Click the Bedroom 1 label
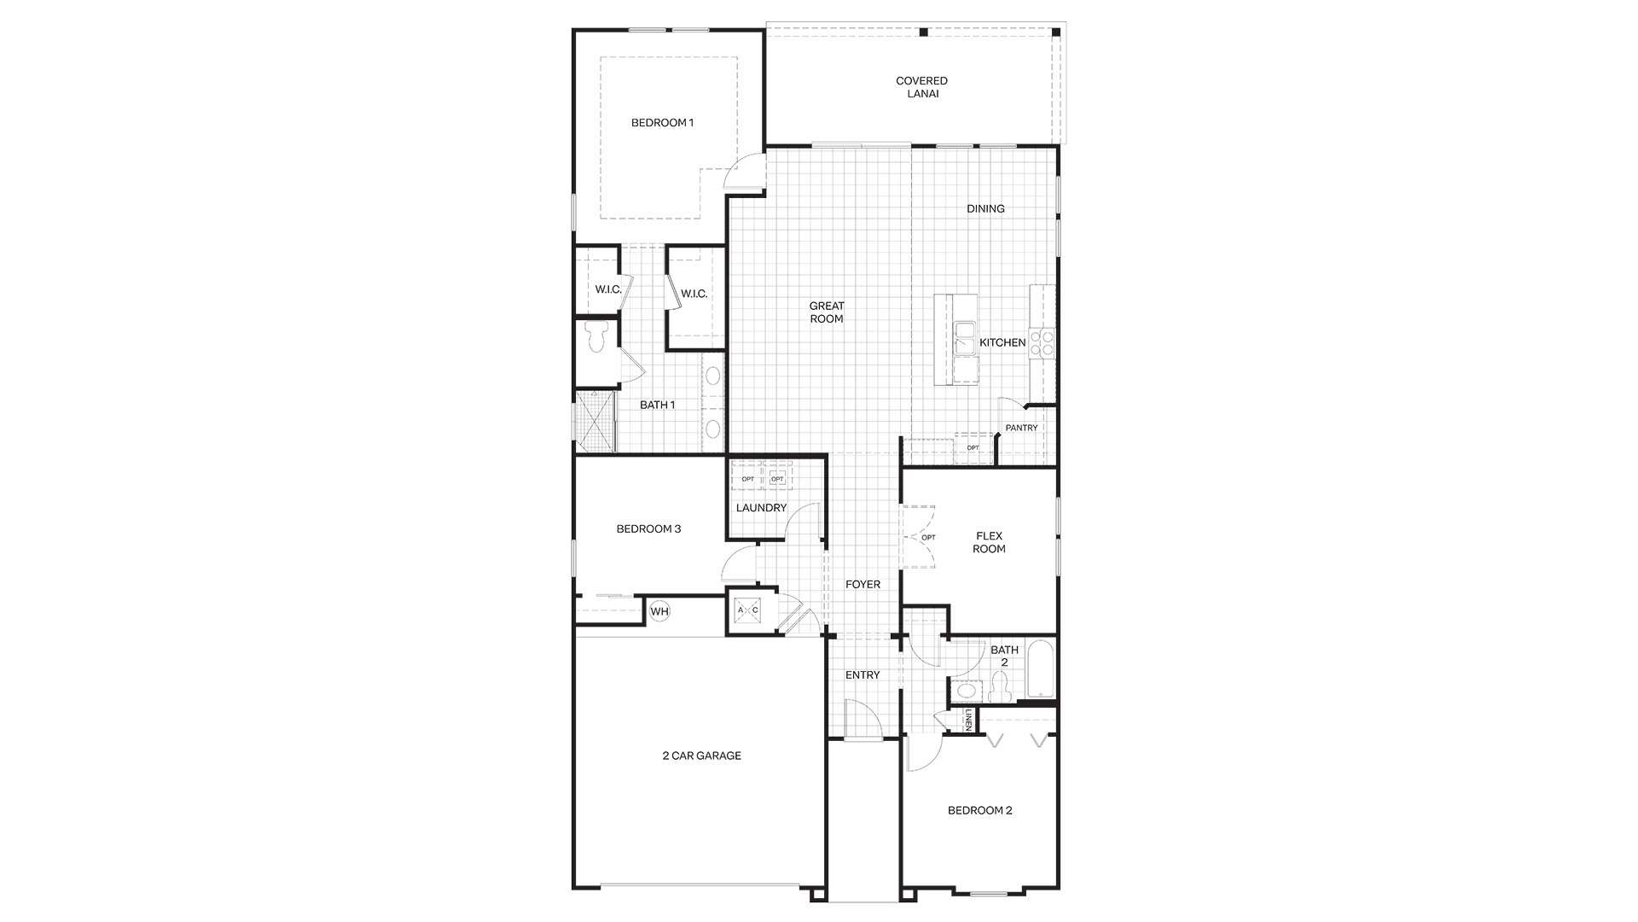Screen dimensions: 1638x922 click(662, 123)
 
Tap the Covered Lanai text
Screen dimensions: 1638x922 click(921, 87)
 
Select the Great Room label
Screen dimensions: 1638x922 click(827, 312)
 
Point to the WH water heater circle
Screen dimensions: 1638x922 click(659, 611)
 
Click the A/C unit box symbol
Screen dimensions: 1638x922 click(748, 610)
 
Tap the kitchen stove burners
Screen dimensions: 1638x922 click(1042, 342)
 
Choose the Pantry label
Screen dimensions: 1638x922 click(1021, 428)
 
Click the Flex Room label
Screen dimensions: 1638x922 click(989, 543)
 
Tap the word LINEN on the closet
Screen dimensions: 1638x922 click(969, 721)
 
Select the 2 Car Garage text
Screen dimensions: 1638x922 click(702, 756)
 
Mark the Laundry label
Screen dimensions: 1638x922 click(761, 508)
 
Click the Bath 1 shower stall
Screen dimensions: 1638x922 click(595, 421)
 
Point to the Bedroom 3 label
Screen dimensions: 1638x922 click(648, 529)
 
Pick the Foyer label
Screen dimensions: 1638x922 click(863, 585)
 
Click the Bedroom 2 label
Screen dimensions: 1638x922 click(980, 810)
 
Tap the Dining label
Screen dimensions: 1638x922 click(985, 208)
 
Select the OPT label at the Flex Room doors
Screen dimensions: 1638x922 click(929, 538)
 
